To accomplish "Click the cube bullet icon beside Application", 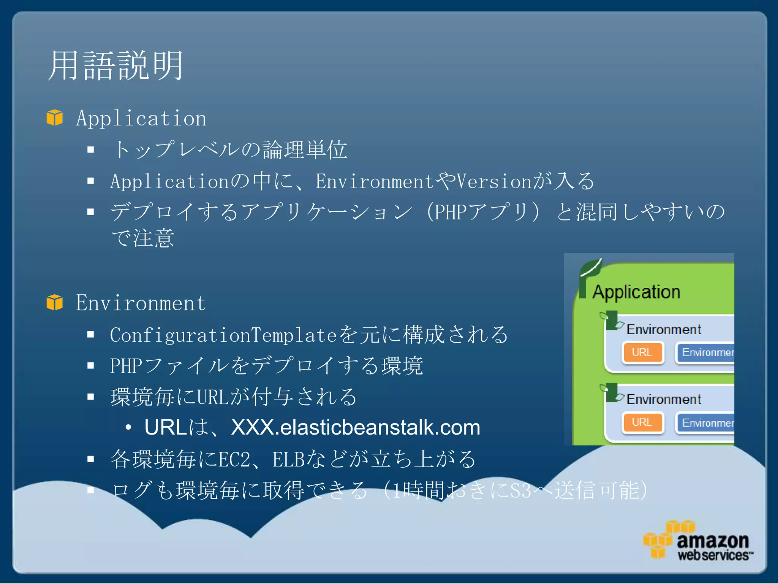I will coord(54,117).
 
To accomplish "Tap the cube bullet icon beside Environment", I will coord(54,303).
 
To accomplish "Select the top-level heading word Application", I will coord(141,118).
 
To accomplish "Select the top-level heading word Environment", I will coord(141,303).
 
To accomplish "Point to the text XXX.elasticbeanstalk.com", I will coord(355,427).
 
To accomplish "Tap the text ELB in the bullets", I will coord(289,459).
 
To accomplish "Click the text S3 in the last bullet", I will coord(520,490).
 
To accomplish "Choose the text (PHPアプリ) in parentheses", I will coord(482,212).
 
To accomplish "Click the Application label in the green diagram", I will coord(636,292).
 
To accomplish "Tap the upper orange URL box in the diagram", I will coord(642,352).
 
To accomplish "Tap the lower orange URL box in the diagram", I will coord(642,422).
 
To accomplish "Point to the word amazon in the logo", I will coord(712,541).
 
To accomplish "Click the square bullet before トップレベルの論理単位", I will coord(90,149).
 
